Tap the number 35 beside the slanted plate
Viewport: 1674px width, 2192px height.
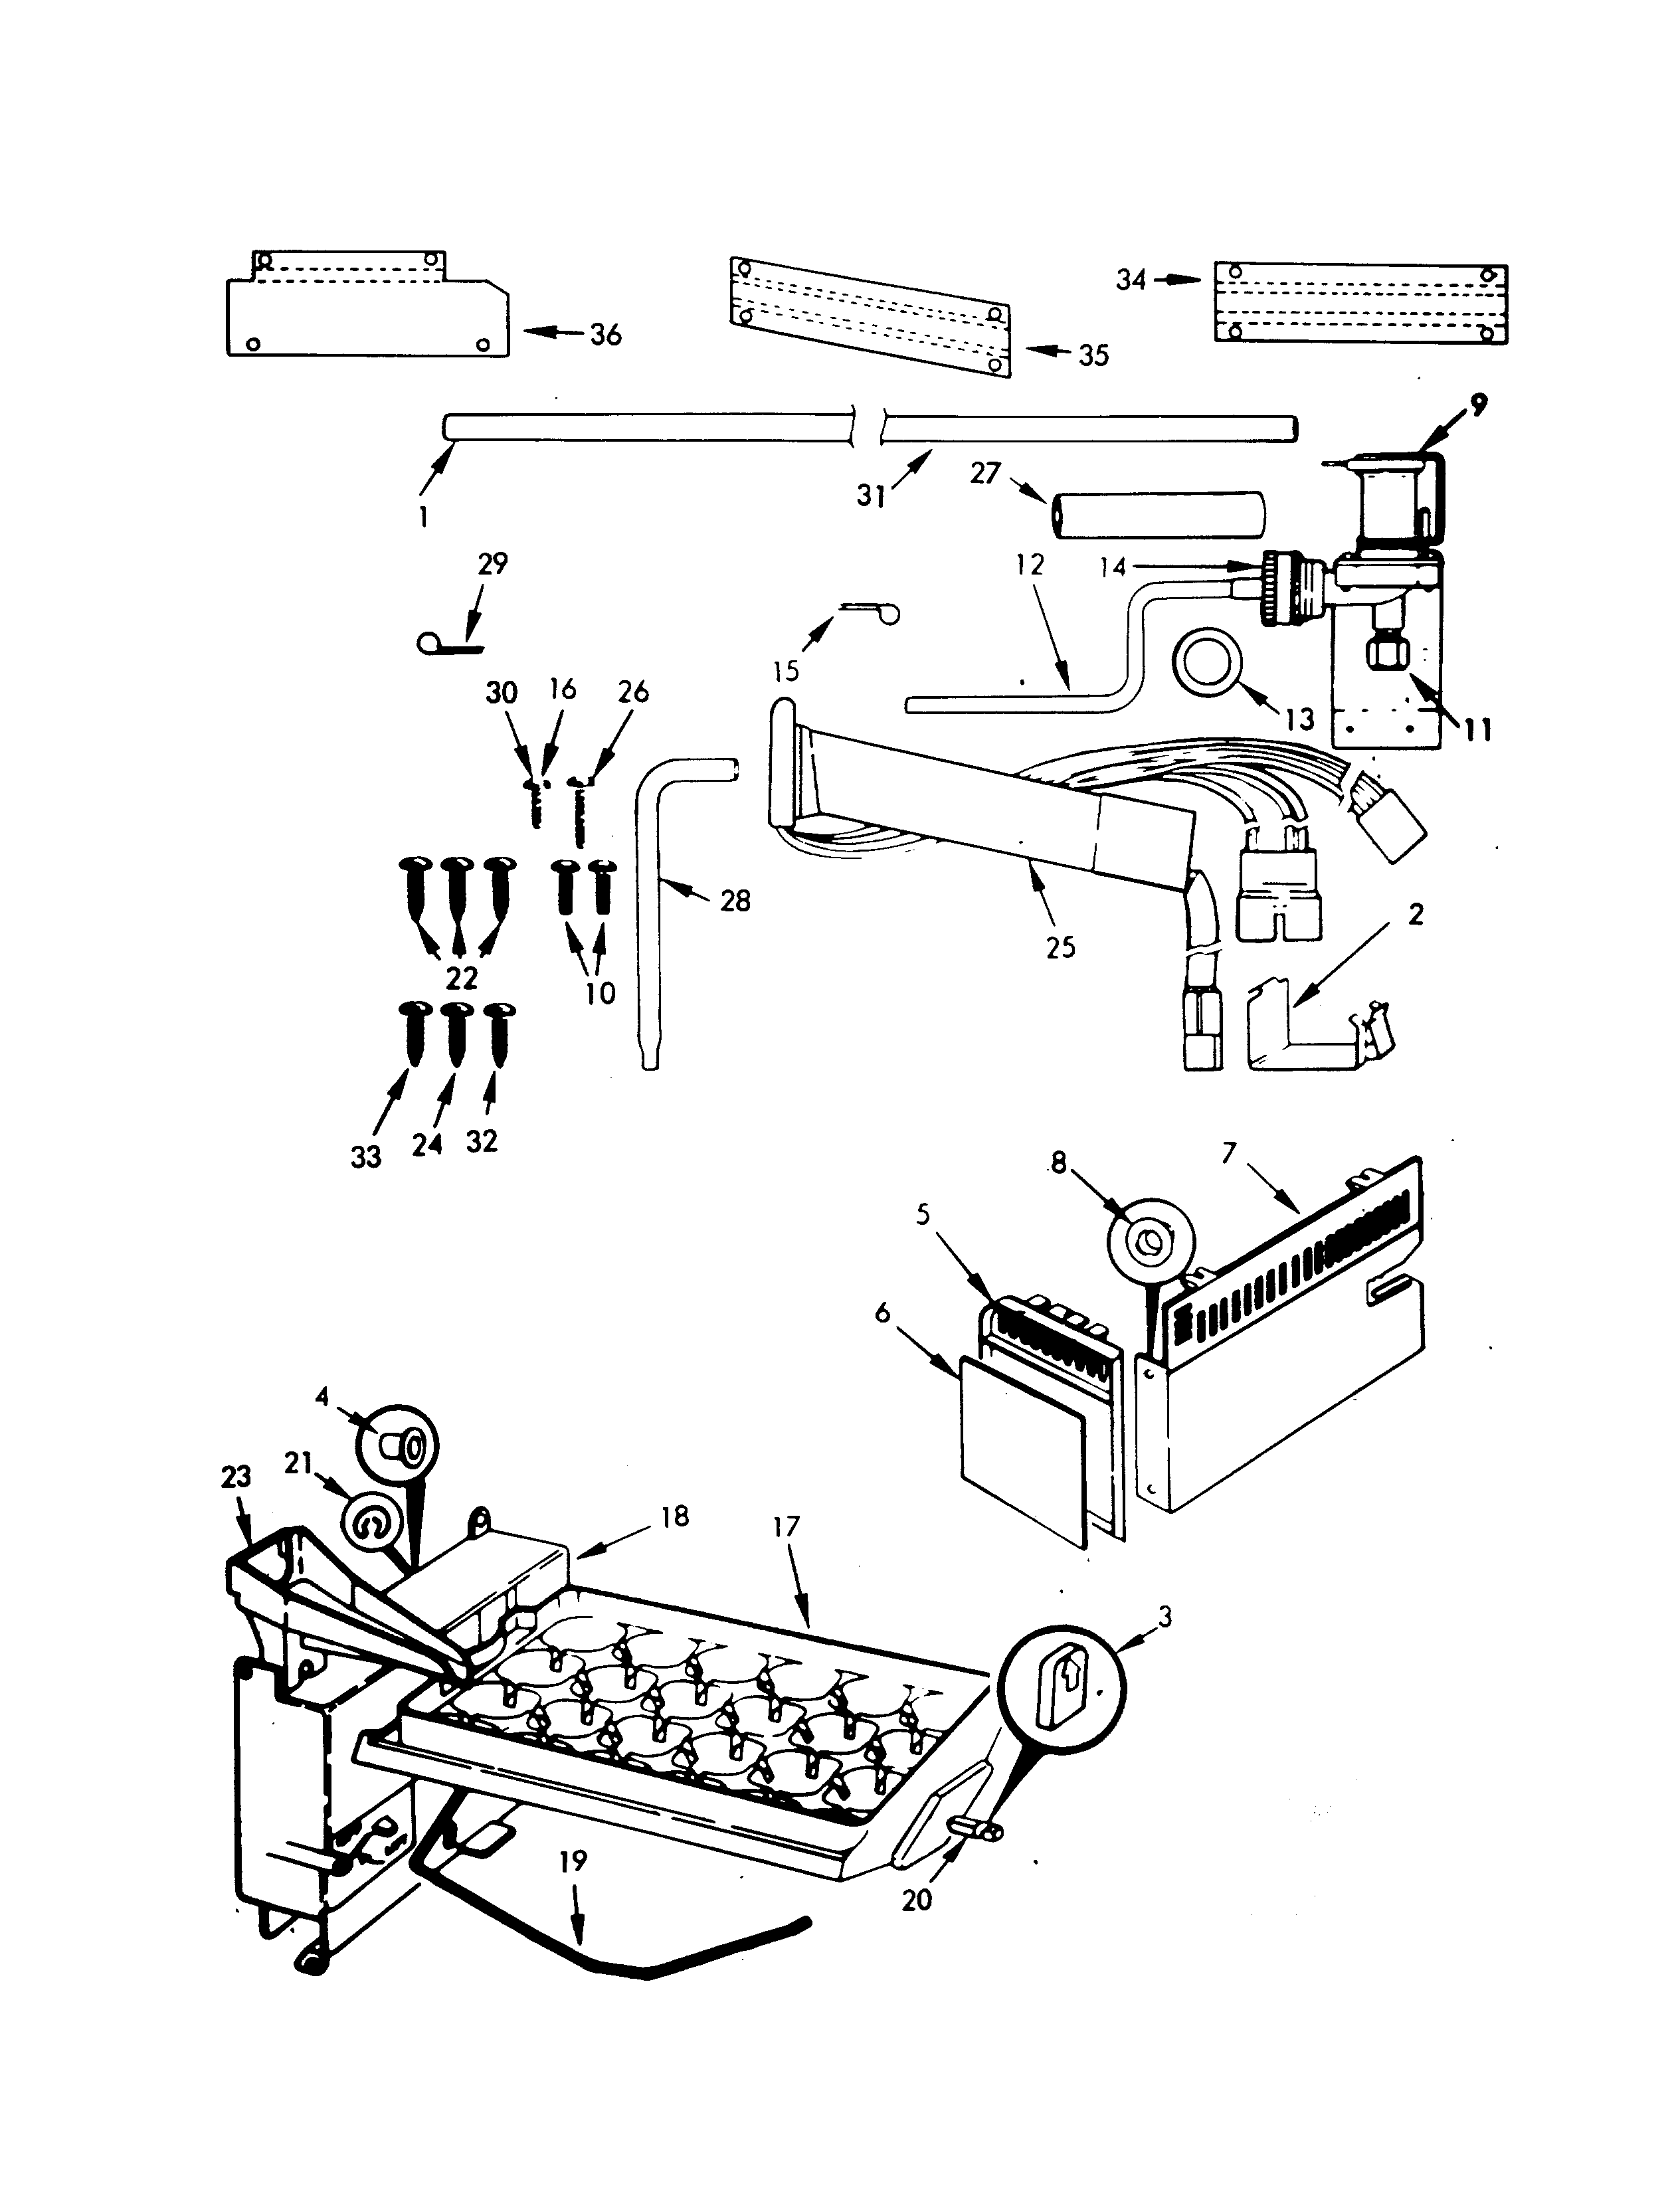click(x=1093, y=356)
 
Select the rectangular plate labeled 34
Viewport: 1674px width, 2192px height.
click(x=1360, y=304)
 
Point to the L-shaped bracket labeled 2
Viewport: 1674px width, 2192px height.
click(x=1295, y=1036)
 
